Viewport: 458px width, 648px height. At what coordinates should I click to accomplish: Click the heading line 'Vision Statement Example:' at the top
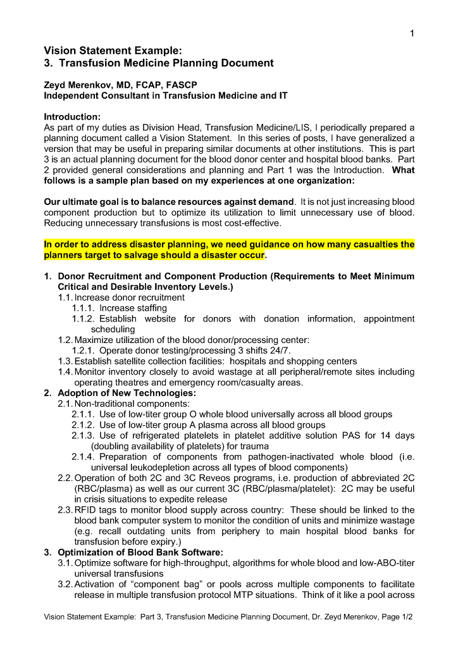[x=113, y=50]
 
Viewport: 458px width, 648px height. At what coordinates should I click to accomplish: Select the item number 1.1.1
[x=83, y=308]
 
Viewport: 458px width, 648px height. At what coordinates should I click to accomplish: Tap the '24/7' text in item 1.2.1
[x=280, y=351]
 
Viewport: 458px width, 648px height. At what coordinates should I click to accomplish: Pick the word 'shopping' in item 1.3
[x=304, y=361]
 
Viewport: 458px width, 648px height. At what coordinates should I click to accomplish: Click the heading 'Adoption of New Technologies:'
[x=127, y=393]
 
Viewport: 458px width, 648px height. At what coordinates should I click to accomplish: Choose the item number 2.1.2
[x=83, y=425]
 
